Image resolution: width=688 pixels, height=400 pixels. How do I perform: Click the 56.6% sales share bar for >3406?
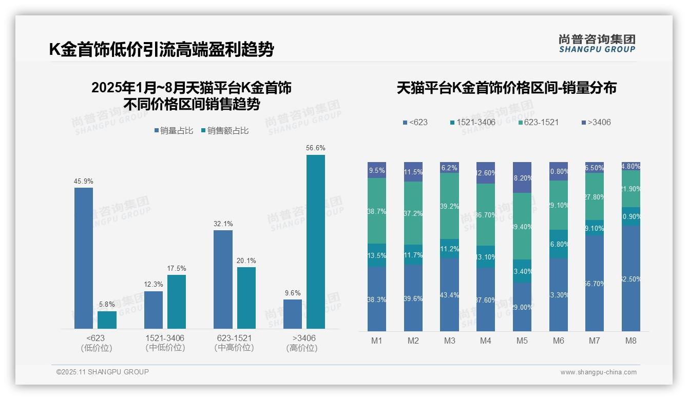pos(315,242)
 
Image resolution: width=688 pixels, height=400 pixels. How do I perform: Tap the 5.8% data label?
pos(107,304)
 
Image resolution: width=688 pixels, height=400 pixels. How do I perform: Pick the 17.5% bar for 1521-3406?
pos(177,302)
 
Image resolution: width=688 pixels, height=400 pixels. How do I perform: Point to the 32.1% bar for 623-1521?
pos(223,279)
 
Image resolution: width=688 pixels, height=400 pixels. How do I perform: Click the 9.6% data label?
pos(292,293)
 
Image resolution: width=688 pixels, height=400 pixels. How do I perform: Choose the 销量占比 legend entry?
pos(174,131)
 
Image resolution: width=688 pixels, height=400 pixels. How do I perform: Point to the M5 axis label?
pos(522,341)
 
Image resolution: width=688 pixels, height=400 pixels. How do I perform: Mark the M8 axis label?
pos(631,341)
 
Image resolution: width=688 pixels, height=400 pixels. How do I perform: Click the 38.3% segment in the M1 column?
pos(377,299)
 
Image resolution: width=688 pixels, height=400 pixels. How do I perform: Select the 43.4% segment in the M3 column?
pos(449,295)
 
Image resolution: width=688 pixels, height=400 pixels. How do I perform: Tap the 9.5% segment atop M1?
pos(377,170)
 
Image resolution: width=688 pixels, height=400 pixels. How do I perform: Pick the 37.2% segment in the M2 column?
pos(413,213)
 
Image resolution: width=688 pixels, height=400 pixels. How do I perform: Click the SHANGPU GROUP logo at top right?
pos(597,43)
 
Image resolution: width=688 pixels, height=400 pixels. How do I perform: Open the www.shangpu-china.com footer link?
pos(598,372)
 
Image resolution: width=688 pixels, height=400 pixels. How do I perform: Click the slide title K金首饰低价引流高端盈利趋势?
pos(162,50)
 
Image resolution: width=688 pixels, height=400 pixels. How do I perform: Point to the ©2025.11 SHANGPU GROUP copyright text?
pos(103,372)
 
